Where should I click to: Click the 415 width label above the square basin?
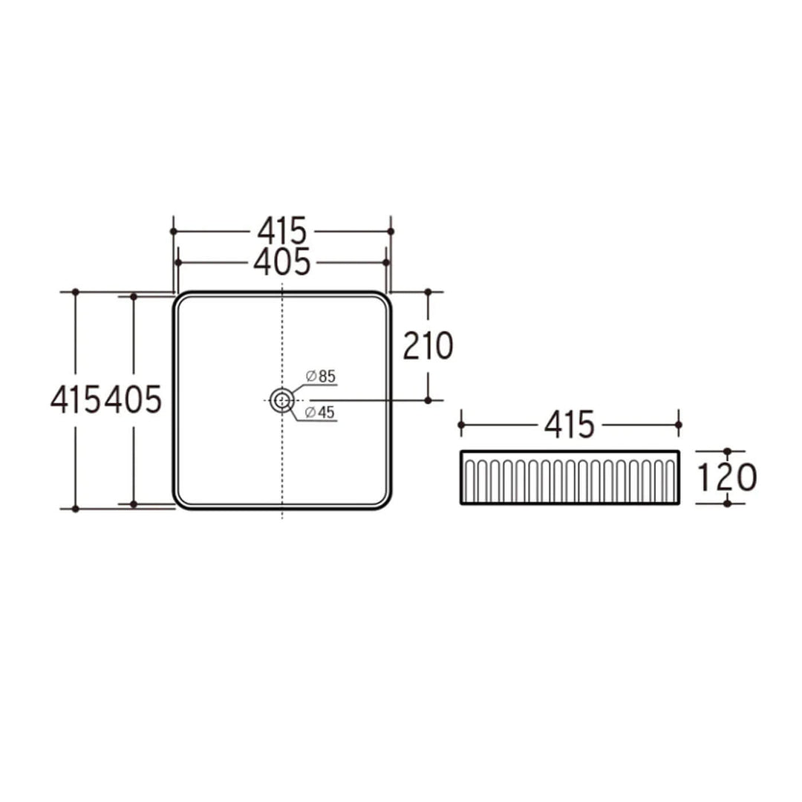point(282,232)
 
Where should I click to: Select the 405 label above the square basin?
point(282,262)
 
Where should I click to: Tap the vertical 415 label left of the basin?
point(76,401)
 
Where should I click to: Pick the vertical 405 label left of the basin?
point(134,401)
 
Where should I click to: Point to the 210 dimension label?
point(428,346)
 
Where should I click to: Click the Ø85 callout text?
point(321,376)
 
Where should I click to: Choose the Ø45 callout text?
point(321,413)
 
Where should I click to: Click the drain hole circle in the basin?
point(282,400)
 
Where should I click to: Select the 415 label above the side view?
point(570,425)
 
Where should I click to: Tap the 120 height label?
point(727,477)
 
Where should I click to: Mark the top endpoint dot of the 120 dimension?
point(727,451)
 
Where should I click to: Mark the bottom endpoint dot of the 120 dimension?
point(727,503)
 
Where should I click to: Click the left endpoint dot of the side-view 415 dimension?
point(461,425)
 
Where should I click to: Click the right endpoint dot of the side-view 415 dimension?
point(678,425)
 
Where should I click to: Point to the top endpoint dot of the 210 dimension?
point(428,293)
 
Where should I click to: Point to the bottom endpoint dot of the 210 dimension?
point(428,400)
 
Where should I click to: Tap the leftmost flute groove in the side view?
point(469,479)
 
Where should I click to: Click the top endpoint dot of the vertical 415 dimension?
point(75,293)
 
